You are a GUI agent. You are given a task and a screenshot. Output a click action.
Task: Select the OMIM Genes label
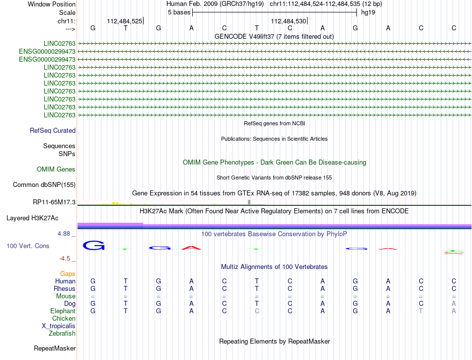[56, 170]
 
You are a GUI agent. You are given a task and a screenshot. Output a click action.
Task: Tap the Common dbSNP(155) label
[44, 185]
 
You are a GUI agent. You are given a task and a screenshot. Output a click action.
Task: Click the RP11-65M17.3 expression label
[53, 202]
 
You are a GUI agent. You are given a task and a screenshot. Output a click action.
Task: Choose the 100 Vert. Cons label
[28, 246]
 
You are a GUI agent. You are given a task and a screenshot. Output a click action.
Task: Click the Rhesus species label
[65, 289]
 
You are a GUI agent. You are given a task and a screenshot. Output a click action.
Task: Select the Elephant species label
[63, 311]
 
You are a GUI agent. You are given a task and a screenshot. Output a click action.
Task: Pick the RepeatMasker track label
[55, 348]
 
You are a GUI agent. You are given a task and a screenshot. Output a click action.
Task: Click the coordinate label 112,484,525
[124, 21]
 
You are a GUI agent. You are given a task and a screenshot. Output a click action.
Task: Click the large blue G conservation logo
[93, 245]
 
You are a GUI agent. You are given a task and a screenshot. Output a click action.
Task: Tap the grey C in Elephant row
[257, 311]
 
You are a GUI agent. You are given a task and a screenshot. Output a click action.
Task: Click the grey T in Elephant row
[421, 311]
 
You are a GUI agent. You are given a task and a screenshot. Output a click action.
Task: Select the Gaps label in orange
[68, 274]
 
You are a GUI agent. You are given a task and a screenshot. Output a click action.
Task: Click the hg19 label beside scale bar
[368, 12]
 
